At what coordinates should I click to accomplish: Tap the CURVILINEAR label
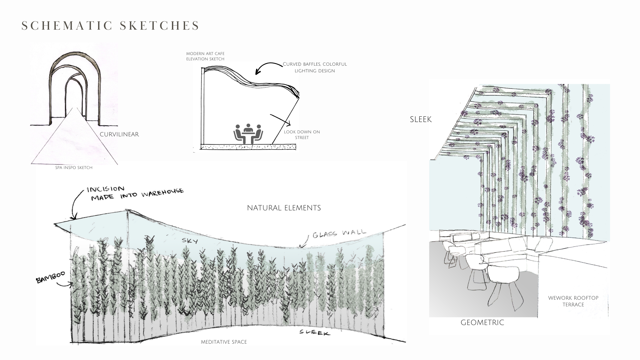[x=119, y=134]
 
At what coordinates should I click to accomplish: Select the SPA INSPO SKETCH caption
[x=74, y=168]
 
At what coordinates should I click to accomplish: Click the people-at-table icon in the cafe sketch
[x=248, y=134]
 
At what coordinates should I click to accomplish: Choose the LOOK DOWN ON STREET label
[x=302, y=134]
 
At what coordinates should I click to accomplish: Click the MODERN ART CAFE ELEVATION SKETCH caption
[x=205, y=56]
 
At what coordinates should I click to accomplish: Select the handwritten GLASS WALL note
[x=339, y=234]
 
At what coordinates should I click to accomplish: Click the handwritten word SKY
[x=190, y=240]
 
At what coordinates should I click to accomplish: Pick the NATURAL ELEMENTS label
[x=284, y=208]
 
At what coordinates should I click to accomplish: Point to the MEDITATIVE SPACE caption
[x=224, y=342]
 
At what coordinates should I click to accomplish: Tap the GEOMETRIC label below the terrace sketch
[x=482, y=323]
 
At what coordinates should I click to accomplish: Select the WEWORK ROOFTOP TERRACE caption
[x=573, y=301]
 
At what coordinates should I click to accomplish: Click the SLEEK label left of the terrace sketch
[x=421, y=119]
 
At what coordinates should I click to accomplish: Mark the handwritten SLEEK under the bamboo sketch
[x=314, y=332]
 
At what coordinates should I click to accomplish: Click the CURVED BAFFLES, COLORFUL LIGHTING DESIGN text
[x=315, y=67]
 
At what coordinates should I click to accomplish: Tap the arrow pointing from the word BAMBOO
[x=65, y=284]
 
